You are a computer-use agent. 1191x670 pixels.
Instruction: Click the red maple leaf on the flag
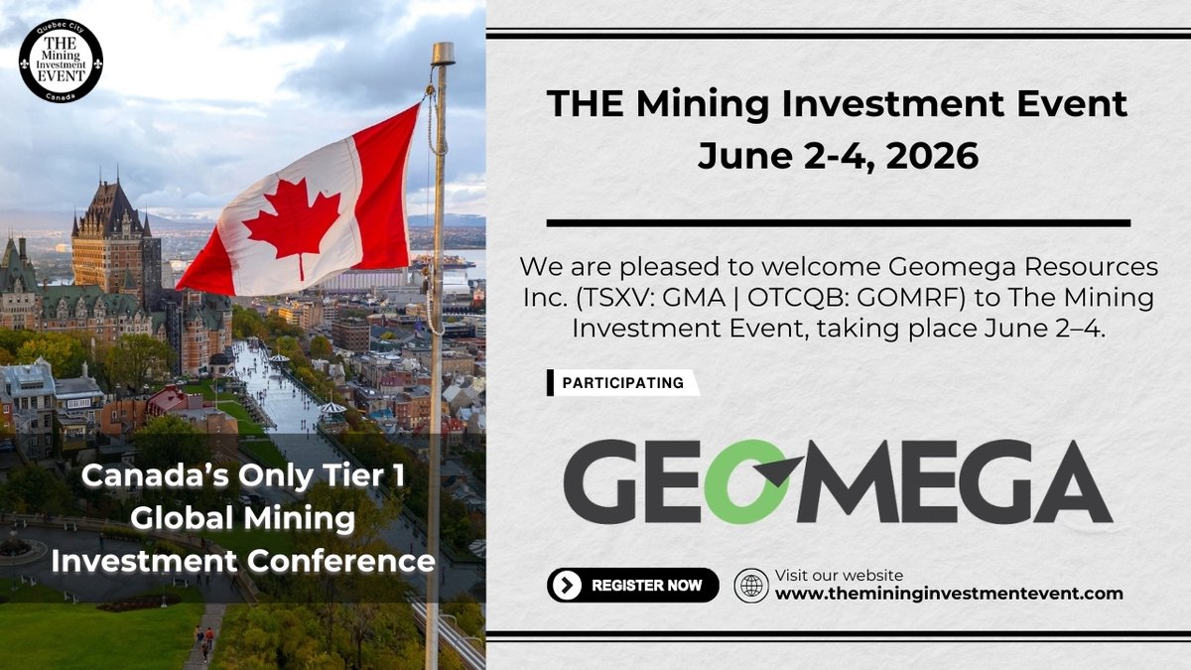292,224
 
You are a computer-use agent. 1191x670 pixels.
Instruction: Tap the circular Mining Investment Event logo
61,61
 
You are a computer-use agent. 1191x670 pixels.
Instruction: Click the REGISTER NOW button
632,586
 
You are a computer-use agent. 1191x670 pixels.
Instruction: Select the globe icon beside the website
751,586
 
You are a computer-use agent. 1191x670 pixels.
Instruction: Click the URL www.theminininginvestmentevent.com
949,594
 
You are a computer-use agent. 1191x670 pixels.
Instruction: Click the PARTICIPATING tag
622,383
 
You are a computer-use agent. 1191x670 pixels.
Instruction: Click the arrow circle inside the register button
567,586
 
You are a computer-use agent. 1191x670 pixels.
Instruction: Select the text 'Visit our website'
839,575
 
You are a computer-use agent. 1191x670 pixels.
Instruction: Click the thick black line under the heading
838,222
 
